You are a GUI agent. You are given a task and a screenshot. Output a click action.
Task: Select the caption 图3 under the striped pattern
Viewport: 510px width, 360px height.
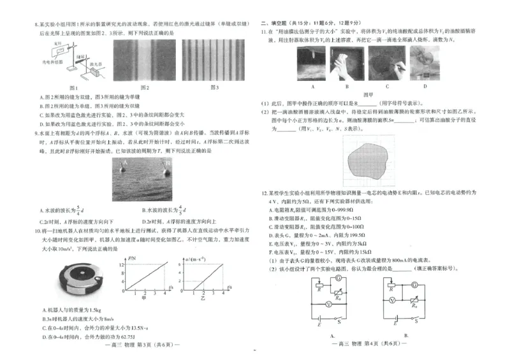click(214, 87)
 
